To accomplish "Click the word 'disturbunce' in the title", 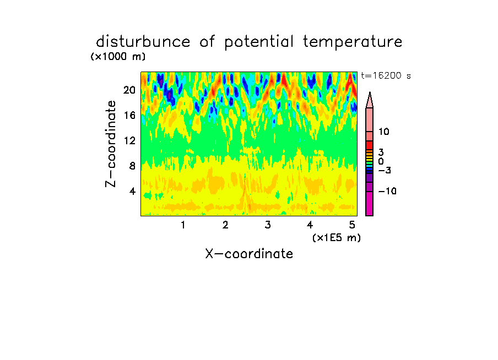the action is pyautogui.click(x=143, y=42).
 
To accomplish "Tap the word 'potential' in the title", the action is pyautogui.click(x=259, y=42).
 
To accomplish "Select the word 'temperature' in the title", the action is pyautogui.click(x=353, y=42).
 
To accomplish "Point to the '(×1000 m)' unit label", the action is pyautogui.click(x=118, y=57).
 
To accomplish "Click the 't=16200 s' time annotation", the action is pyautogui.click(x=386, y=75).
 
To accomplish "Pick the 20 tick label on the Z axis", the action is pyautogui.click(x=129, y=90).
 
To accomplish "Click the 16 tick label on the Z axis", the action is pyautogui.click(x=129, y=115).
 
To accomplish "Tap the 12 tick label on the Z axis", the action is pyautogui.click(x=129, y=140).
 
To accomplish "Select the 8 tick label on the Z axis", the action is pyautogui.click(x=132, y=166).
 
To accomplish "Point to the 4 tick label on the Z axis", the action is pyautogui.click(x=132, y=191).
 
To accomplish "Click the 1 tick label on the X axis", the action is pyautogui.click(x=183, y=225).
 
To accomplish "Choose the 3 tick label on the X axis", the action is pyautogui.click(x=268, y=225).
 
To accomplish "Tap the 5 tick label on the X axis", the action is pyautogui.click(x=352, y=225).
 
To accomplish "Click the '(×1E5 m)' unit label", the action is pyautogui.click(x=337, y=238).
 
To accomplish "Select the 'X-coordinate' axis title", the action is pyautogui.click(x=249, y=254).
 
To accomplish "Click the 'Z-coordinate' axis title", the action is pyautogui.click(x=111, y=144).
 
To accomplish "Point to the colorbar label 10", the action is pyautogui.click(x=383, y=132).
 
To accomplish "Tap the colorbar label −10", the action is pyautogui.click(x=387, y=191).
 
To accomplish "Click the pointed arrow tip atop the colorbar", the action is pyautogui.click(x=370, y=92).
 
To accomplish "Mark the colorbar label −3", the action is pyautogui.click(x=385, y=171).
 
